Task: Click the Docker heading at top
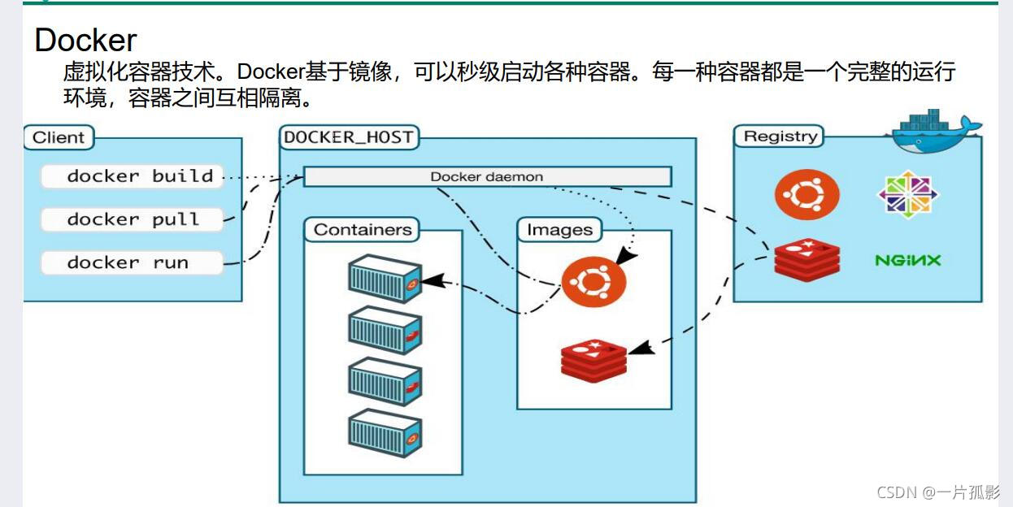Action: (85, 40)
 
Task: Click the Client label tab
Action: (59, 137)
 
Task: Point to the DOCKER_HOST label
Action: (349, 137)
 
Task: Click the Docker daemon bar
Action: (487, 176)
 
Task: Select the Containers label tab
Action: (363, 230)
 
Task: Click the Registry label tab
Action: (780, 136)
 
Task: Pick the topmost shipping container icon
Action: (385, 279)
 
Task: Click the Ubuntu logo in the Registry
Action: (806, 195)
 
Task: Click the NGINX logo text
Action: (907, 260)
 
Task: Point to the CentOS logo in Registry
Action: (907, 195)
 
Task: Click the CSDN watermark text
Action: (938, 492)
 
